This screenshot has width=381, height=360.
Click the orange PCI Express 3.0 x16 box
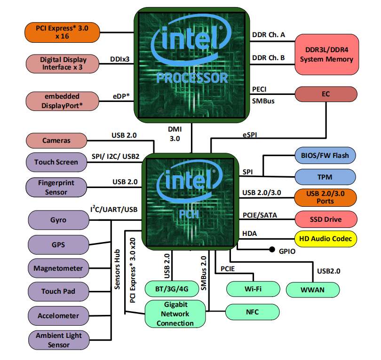click(x=62, y=32)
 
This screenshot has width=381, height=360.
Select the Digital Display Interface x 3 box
click(x=63, y=63)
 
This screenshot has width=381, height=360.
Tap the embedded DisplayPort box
click(x=63, y=101)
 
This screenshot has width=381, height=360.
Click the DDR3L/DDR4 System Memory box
click(x=327, y=55)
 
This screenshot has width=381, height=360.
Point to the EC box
click(x=326, y=94)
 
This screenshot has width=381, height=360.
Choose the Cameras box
click(x=56, y=141)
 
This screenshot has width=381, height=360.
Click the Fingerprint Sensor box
click(x=56, y=188)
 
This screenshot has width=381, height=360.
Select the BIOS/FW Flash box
click(x=325, y=156)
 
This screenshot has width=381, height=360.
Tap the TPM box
click(x=325, y=177)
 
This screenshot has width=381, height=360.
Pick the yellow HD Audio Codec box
click(x=325, y=239)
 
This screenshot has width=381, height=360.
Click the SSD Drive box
click(x=326, y=219)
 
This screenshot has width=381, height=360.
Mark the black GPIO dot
click(x=272, y=249)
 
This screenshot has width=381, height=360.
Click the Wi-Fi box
click(x=253, y=289)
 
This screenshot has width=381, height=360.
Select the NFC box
click(x=253, y=312)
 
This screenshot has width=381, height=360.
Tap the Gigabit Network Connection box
click(x=175, y=314)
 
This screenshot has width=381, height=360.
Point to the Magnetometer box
click(x=58, y=268)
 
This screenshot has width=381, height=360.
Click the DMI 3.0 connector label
click(x=175, y=134)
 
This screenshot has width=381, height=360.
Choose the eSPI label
click(x=250, y=135)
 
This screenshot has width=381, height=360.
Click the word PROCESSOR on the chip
click(x=192, y=78)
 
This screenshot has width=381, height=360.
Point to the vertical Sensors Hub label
click(x=118, y=269)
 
